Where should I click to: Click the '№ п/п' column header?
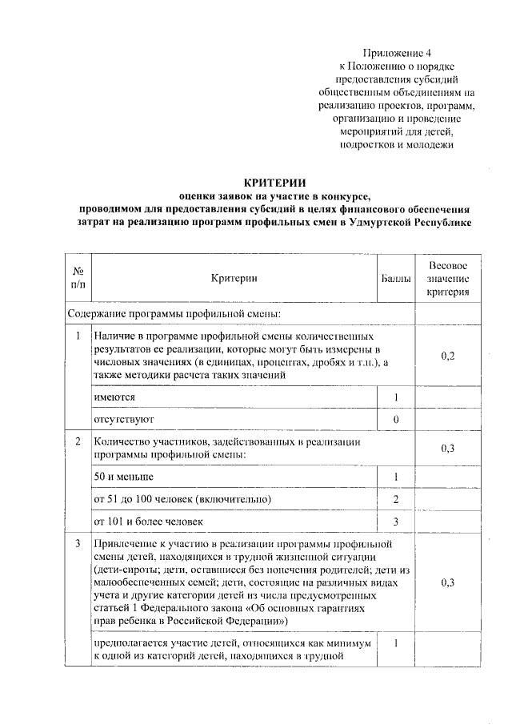pyautogui.click(x=78, y=278)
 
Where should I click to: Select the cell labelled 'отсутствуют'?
pyautogui.click(x=123, y=419)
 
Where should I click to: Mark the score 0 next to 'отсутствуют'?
pyautogui.click(x=396, y=419)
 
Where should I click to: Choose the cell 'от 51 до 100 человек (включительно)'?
pyautogui.click(x=182, y=500)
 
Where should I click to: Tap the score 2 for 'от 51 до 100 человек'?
pyautogui.click(x=396, y=500)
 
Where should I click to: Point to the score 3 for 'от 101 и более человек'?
pyautogui.click(x=396, y=522)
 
